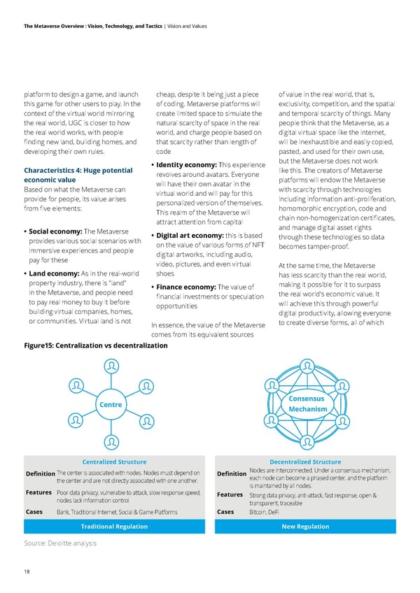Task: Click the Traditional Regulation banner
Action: [113, 526]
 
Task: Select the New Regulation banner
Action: [295, 526]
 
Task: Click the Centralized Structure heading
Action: [114, 462]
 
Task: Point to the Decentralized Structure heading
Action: [295, 462]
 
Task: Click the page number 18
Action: [27, 572]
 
